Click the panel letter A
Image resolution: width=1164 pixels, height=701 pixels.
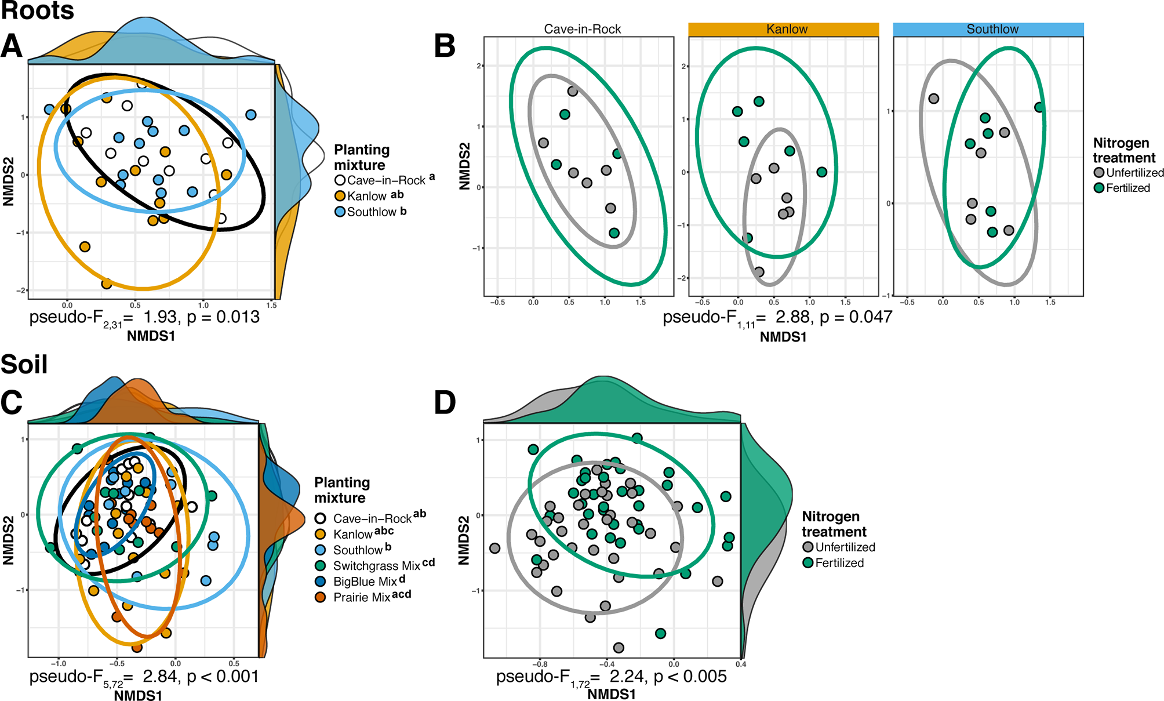click(x=12, y=46)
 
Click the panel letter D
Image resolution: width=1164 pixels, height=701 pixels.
click(x=445, y=402)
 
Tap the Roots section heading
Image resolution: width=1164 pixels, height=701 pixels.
click(x=38, y=10)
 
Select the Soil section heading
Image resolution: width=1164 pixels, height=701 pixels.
click(x=24, y=364)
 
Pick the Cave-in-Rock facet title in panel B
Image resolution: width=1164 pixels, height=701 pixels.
click(x=582, y=29)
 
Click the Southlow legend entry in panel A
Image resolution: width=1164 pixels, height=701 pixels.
click(x=371, y=212)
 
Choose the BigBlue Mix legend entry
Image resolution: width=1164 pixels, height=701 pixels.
click(x=365, y=581)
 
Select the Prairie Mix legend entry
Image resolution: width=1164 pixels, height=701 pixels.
click(x=362, y=597)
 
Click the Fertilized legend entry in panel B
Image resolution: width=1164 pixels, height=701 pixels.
click(x=1127, y=188)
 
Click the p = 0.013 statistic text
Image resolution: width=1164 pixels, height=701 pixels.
click(x=223, y=317)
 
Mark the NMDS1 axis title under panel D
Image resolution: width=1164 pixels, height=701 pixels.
click(x=612, y=694)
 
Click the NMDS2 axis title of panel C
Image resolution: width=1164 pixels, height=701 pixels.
click(x=8, y=540)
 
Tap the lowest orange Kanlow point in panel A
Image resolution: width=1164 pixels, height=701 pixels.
click(x=107, y=284)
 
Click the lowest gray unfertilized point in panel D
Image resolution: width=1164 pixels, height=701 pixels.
click(x=619, y=647)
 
